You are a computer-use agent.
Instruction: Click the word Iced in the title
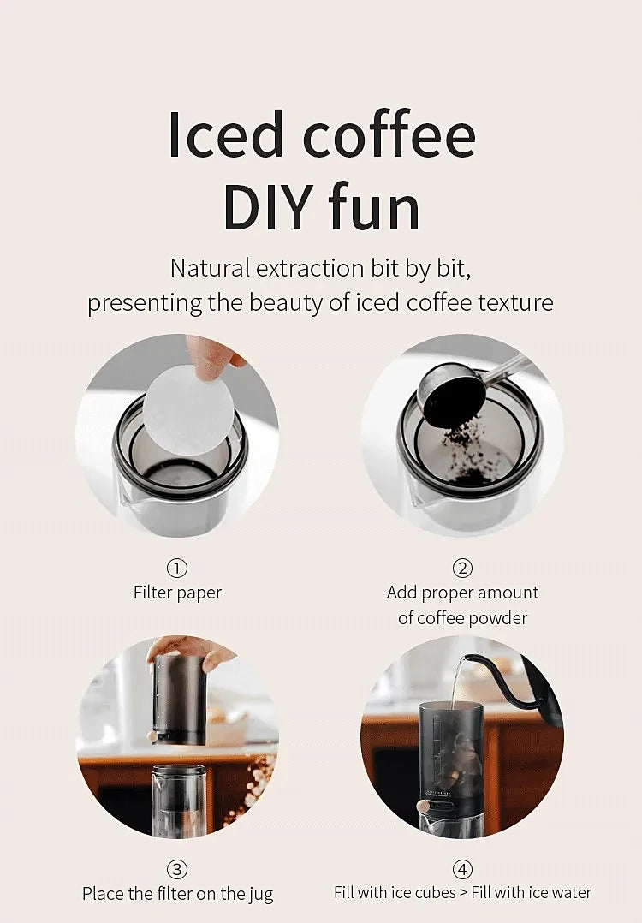(x=225, y=134)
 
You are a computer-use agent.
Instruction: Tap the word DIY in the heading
(x=268, y=206)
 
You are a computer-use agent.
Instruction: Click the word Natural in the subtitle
(x=210, y=269)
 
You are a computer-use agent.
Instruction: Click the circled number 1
(x=177, y=568)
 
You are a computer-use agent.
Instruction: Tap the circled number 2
(x=462, y=568)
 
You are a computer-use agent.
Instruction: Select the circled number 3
(x=177, y=869)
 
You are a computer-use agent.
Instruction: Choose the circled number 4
(x=462, y=869)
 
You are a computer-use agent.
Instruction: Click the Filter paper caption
(x=178, y=593)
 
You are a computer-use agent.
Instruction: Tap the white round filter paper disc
(x=189, y=409)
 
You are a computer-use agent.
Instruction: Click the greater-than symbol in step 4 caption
(x=464, y=893)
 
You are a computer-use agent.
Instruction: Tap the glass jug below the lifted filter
(x=179, y=801)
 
